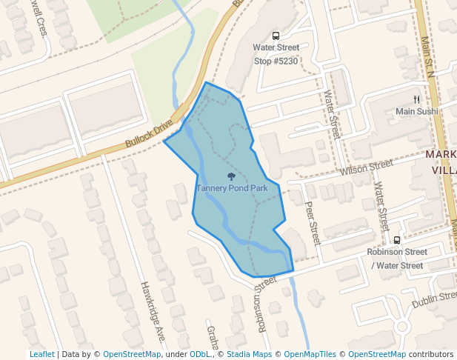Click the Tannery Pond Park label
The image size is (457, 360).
tap(232, 188)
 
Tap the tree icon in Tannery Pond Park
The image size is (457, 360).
tap(232, 177)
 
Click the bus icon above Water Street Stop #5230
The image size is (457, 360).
tap(276, 36)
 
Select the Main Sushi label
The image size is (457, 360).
tap(416, 111)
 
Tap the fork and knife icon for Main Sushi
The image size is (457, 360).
tap(417, 99)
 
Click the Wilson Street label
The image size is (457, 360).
tap(366, 168)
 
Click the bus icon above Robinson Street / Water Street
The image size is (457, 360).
tap(397, 240)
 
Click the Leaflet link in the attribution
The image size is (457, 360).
tap(41, 354)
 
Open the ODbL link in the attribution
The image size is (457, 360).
tap(200, 354)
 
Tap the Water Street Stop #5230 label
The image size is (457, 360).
tap(276, 54)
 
